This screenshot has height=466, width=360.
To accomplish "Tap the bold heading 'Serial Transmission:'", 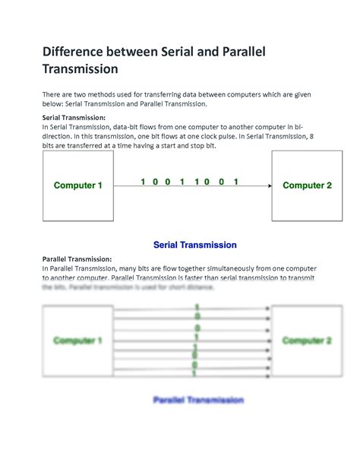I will click(74, 118).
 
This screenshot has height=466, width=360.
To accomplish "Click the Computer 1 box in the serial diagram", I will click(77, 185).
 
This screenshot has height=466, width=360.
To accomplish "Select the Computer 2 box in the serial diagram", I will click(307, 185).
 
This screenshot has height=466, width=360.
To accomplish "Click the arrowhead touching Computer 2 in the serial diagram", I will click(269, 185).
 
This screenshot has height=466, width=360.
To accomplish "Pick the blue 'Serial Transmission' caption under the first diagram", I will click(195, 245).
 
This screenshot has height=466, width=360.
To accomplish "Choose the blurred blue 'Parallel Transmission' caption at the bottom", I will click(198, 399).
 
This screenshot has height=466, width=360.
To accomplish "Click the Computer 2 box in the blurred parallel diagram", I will click(307, 341).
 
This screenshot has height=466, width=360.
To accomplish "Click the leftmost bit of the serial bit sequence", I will click(143, 182).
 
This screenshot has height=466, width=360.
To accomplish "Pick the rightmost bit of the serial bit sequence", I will click(236, 182).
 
